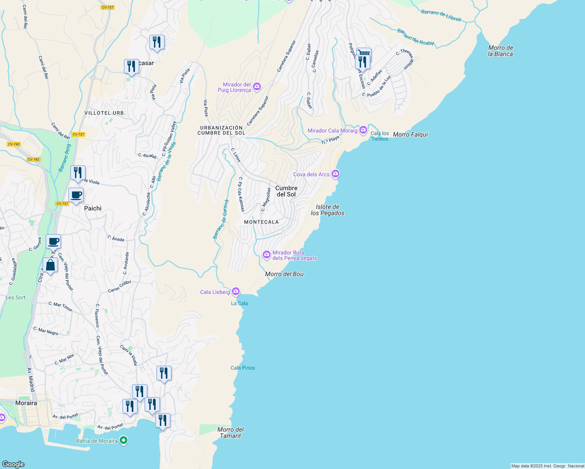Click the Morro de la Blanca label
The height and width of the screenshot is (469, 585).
500,51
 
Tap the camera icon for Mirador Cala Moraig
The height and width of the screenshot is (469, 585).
363,130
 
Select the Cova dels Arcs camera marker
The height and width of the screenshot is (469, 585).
335,174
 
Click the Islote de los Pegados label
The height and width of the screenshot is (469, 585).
328,210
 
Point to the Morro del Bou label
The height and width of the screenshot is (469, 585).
284,274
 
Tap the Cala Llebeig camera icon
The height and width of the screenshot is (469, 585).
235,292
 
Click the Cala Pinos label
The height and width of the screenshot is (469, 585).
242,368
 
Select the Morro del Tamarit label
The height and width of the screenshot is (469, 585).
230,433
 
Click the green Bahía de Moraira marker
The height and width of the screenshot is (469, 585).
124,441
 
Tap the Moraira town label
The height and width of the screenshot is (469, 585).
26,403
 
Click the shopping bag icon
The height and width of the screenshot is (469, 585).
50,265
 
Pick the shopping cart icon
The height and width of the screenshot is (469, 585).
364,53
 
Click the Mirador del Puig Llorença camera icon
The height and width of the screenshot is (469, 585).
257,87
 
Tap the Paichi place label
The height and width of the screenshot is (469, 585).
93,208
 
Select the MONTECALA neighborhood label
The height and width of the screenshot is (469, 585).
261,222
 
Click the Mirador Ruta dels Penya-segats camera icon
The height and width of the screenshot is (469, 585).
267,255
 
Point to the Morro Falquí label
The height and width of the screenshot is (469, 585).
411,134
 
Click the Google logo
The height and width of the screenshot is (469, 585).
13,464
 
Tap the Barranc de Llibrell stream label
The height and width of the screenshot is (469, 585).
441,16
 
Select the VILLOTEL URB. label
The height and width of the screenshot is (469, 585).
105,113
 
